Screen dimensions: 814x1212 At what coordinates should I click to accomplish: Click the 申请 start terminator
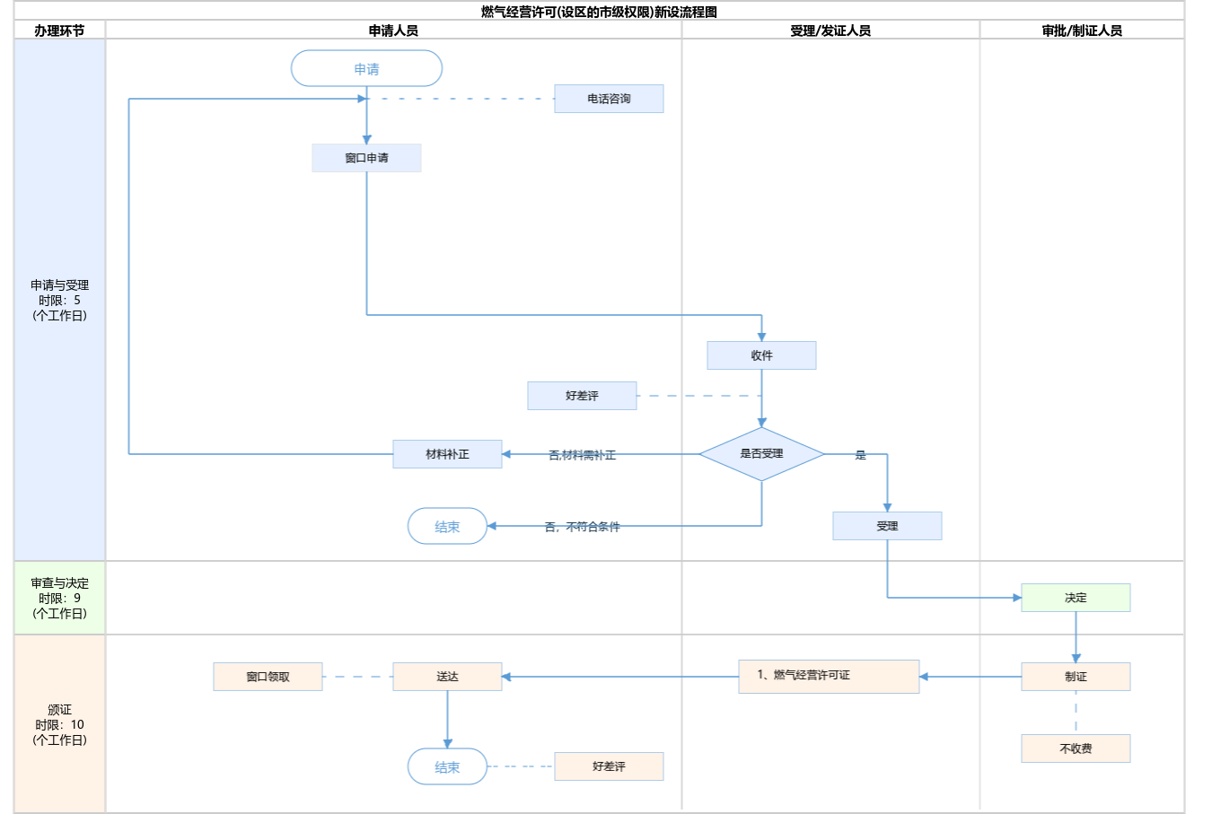tap(366, 69)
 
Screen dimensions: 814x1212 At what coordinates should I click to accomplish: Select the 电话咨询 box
tap(609, 99)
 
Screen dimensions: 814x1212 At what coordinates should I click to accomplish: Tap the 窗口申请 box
tap(366, 158)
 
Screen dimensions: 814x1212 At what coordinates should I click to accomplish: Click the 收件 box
tap(761, 355)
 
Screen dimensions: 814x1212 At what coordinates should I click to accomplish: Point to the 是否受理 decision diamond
tap(761, 454)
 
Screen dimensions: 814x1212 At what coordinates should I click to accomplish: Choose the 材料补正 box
tap(447, 454)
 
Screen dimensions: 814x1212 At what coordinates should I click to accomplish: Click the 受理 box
tap(887, 526)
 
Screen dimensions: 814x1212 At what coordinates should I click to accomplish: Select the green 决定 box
tap(1076, 598)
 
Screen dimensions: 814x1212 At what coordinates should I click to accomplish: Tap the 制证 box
tap(1076, 677)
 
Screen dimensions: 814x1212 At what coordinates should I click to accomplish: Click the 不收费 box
tap(1076, 748)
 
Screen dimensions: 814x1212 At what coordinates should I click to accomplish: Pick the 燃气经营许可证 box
tap(829, 676)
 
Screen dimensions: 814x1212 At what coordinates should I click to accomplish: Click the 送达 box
tap(447, 677)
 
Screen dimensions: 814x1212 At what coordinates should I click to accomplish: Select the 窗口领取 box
tap(268, 677)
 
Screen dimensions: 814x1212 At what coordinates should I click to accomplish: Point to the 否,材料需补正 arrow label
tap(582, 455)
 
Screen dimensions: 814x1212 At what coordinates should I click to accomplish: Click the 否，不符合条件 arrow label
tap(582, 527)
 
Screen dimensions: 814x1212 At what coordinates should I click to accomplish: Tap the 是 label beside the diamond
tap(860, 455)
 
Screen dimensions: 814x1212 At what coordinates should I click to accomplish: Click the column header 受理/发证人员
tap(830, 31)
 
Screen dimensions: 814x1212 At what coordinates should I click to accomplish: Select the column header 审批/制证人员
tap(1082, 31)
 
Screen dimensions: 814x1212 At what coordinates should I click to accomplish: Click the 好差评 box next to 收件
tap(582, 396)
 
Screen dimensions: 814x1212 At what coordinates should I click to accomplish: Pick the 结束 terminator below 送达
tap(447, 767)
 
